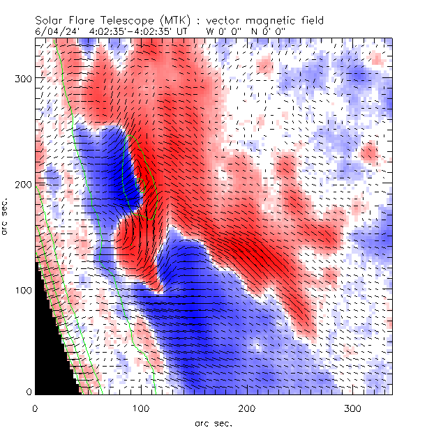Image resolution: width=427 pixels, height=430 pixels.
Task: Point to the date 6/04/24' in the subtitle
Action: coord(57,31)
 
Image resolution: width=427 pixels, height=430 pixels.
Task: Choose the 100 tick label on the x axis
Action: coord(141,407)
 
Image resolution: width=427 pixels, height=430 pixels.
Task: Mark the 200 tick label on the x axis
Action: coord(247,407)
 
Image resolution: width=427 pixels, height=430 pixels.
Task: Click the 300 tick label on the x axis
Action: coord(353,407)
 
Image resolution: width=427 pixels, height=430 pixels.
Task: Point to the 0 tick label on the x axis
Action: coord(35,407)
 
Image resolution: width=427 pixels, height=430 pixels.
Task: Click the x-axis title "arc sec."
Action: coord(213,422)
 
